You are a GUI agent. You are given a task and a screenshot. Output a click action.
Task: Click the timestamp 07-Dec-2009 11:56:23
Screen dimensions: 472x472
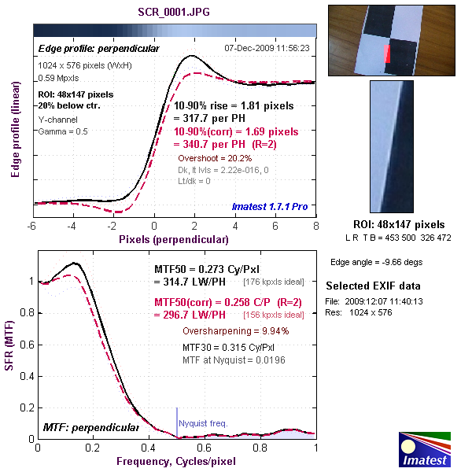267,48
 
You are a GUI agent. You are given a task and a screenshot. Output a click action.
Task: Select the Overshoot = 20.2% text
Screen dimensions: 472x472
211,157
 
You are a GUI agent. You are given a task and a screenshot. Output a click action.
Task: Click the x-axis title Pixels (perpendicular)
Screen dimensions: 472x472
173,237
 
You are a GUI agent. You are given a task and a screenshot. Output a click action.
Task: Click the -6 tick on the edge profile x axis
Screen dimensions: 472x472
32,225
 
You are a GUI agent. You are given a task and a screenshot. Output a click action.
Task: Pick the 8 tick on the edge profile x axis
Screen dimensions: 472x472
315,225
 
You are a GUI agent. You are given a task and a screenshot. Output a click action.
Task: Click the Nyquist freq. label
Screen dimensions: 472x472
203,423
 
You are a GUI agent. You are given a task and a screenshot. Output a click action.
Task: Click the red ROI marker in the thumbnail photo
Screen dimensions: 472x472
386,54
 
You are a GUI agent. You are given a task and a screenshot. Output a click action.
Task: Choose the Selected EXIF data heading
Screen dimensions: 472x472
373,286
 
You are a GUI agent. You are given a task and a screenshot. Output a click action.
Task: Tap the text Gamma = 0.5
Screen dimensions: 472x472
63,131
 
